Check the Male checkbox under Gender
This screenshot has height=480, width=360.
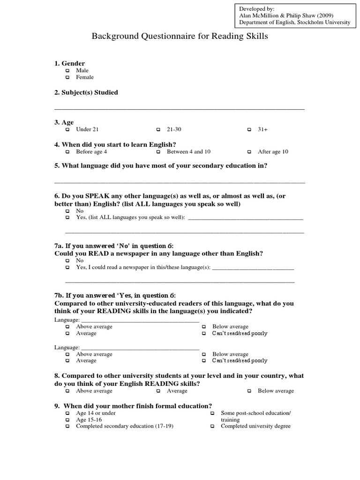(67, 71)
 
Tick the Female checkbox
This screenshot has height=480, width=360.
(67, 77)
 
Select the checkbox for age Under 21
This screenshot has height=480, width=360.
(67, 129)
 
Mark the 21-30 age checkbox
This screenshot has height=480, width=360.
(158, 129)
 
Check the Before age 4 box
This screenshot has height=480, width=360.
(67, 152)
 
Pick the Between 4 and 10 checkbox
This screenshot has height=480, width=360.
(158, 152)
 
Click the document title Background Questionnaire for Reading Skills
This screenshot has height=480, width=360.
(180, 37)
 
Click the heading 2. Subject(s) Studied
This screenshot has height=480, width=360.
(86, 92)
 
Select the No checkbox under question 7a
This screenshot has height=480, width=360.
(67, 261)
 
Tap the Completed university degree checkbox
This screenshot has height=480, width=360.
(212, 427)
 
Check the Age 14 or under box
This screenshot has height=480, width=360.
(67, 413)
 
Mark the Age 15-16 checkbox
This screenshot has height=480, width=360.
(67, 420)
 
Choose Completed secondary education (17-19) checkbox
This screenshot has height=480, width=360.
(67, 427)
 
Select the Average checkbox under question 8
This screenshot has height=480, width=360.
(158, 391)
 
